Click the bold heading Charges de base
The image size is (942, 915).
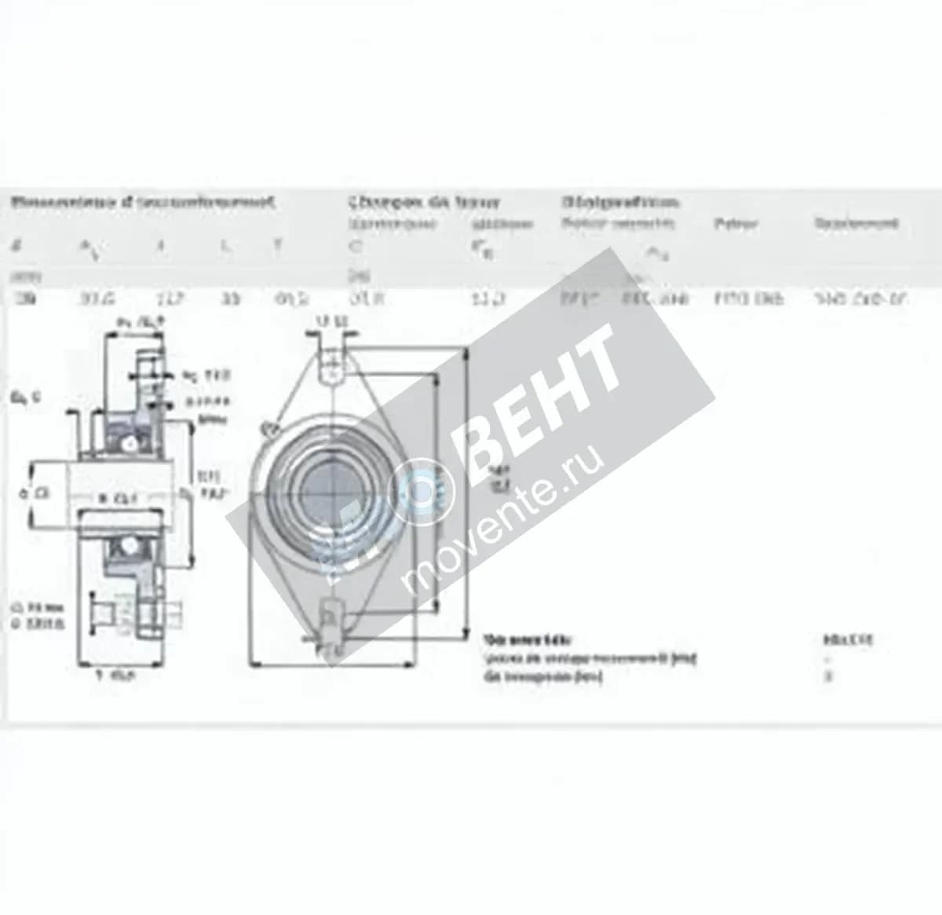pyautogui.click(x=424, y=203)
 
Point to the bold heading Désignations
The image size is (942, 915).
pyautogui.click(x=620, y=203)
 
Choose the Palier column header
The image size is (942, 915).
pyautogui.click(x=736, y=224)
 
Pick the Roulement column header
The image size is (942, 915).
pyautogui.click(x=856, y=224)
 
